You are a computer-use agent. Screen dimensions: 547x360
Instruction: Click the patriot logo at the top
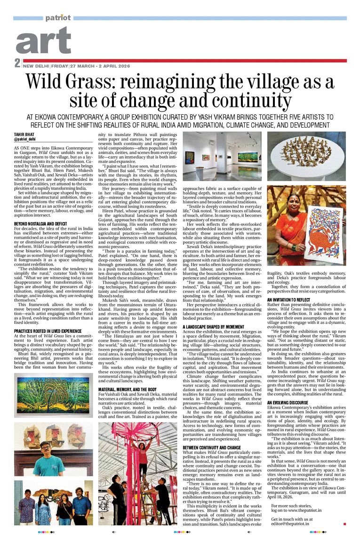click(x=58, y=18)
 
